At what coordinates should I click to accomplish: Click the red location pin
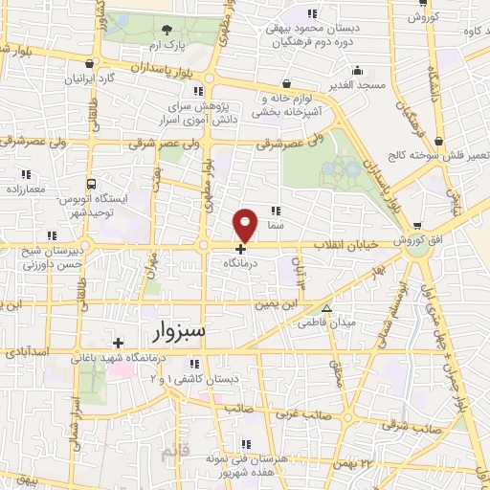pos(246,225)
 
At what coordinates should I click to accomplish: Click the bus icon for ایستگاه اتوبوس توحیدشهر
pos(91,183)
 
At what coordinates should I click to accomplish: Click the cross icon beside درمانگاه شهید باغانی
pos(118,343)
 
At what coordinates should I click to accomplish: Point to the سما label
pos(278,224)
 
